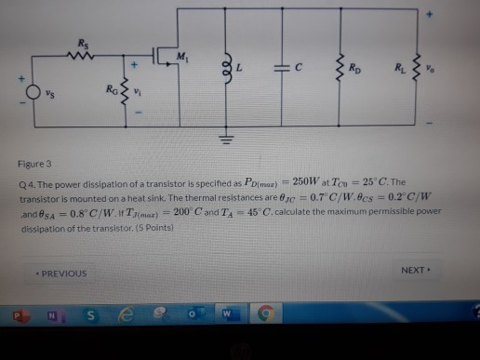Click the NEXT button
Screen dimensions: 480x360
pyautogui.click(x=414, y=270)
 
